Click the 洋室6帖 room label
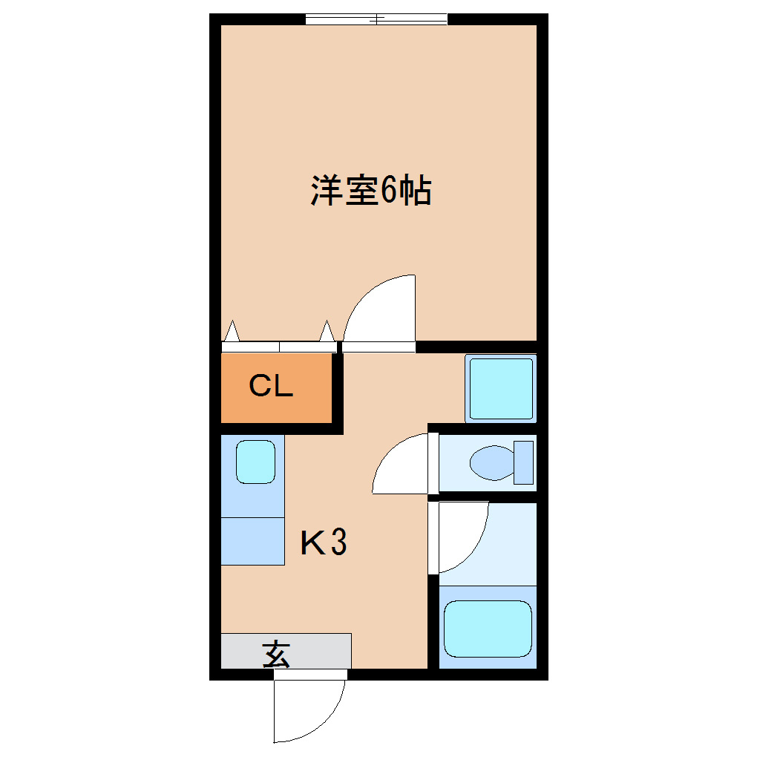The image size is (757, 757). coord(371,190)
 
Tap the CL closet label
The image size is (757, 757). coord(271,386)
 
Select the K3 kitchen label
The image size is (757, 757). coord(324,542)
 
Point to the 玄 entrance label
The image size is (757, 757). coord(276,654)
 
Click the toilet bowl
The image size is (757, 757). coord(491,462)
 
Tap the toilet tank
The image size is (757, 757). coord(523,462)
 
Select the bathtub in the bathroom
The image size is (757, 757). coord(488,629)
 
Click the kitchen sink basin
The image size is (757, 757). coord(255,462)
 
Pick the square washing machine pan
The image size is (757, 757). coord(501,389)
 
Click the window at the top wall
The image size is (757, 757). coord(376,19)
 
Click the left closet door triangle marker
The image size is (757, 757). coord(232,331)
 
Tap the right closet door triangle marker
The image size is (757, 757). coord(327,331)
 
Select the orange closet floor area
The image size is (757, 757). coord(276,387)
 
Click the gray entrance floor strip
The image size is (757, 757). coord(286,651)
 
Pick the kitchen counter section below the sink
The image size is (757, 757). coord(252,541)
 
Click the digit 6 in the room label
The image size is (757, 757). coord(389,191)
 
